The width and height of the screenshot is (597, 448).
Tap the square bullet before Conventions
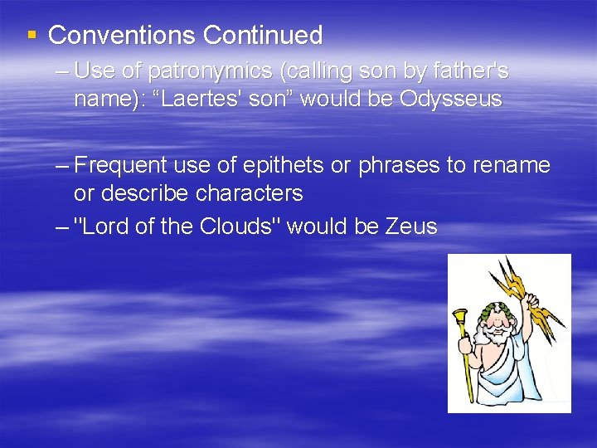tap(32, 36)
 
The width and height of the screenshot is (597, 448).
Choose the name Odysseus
tap(450, 100)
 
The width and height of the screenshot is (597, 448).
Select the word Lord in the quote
tap(102, 226)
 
